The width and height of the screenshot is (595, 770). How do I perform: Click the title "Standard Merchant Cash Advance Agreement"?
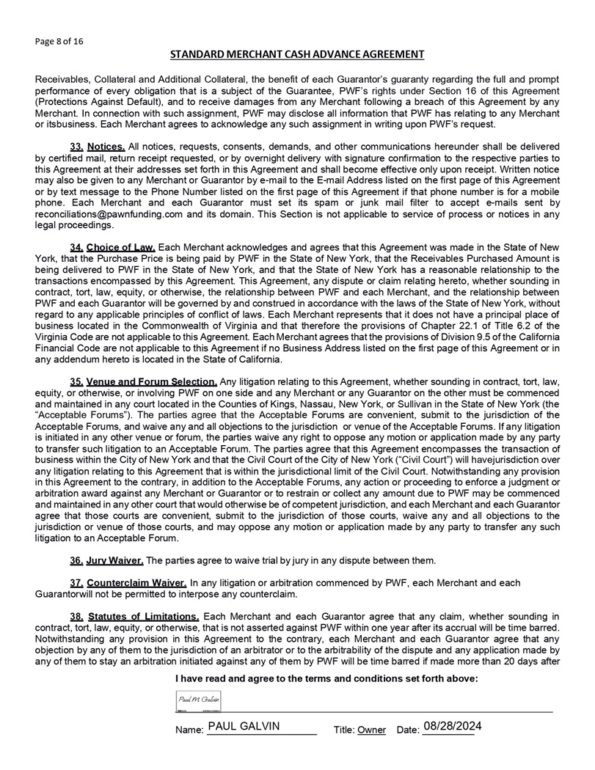point(297,54)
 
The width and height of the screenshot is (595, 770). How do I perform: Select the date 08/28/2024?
point(452,726)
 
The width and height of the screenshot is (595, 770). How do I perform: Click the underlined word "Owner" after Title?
point(371,730)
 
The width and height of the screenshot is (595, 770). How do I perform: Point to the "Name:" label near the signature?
point(189,730)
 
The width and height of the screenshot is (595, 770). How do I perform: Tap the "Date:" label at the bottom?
point(407,730)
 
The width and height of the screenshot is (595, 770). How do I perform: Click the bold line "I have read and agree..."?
point(326,679)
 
